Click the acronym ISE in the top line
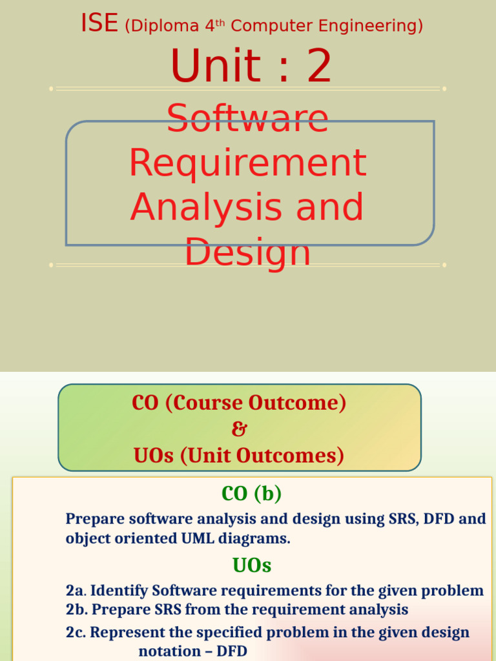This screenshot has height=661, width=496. tap(99, 24)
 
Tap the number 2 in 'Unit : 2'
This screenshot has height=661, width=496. tap(319, 66)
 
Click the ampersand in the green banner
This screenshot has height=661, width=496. tap(239, 429)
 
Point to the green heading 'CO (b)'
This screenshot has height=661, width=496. tap(251, 494)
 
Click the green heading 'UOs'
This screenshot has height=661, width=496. tap(252, 565)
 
